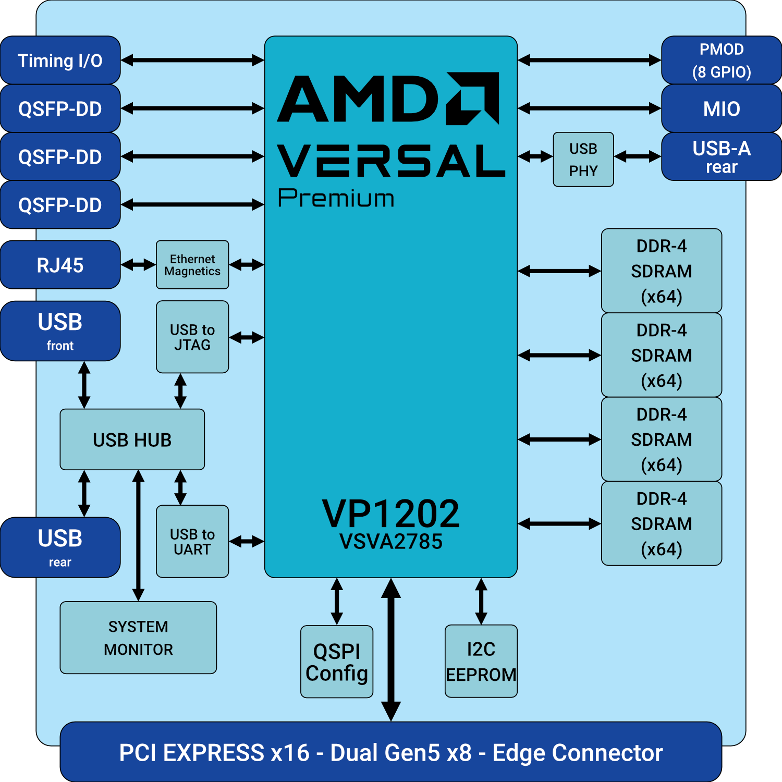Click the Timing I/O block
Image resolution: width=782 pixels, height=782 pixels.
tap(60, 60)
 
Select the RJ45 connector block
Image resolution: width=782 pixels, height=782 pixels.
tap(60, 265)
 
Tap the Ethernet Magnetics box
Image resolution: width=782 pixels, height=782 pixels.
tap(192, 265)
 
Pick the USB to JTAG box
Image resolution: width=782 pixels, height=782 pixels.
tap(192, 337)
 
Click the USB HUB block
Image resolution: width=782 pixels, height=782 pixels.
tap(132, 439)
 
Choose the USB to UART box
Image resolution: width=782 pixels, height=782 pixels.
tap(192, 541)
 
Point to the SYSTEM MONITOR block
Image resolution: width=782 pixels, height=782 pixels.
tap(138, 638)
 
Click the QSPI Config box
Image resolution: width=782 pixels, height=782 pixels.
tap(337, 662)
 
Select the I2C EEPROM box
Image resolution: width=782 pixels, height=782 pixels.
tap(481, 661)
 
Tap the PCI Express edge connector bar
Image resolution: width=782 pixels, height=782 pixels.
tap(391, 752)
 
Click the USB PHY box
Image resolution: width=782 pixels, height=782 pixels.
tap(583, 160)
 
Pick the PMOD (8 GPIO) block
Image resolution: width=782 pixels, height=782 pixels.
tap(722, 60)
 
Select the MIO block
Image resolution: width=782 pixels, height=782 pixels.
tap(722, 108)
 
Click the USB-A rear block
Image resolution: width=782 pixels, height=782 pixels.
tap(722, 156)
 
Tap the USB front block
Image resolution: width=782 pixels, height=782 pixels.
tap(60, 331)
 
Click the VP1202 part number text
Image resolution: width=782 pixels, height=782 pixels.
tap(391, 514)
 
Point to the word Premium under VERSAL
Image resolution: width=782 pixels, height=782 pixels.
tap(336, 198)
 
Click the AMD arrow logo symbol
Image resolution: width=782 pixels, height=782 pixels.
tap(472, 98)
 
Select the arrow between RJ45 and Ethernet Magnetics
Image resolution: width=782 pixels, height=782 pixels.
tap(138, 265)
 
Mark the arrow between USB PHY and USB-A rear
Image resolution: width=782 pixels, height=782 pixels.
tap(638, 156)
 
